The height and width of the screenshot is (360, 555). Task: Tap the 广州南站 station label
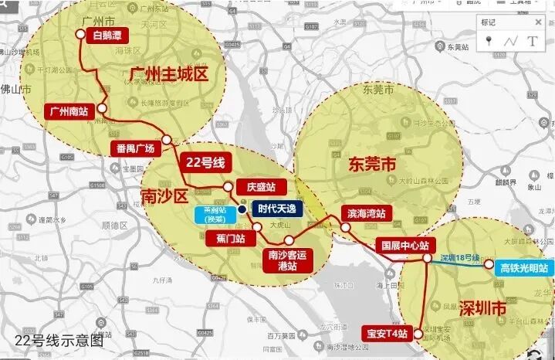click(69, 110)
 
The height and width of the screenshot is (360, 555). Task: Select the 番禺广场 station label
click(136, 148)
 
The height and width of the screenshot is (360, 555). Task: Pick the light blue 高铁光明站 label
click(523, 267)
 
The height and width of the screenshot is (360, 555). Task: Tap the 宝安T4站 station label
click(385, 333)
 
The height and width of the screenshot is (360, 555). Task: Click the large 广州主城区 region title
click(171, 74)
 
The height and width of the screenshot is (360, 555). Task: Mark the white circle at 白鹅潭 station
click(80, 33)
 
